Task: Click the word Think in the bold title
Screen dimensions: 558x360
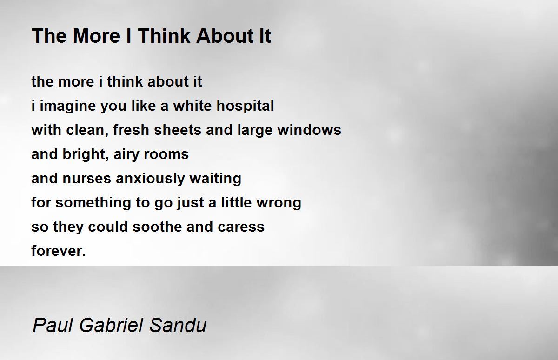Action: tap(163, 36)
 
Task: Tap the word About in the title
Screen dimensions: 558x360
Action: tap(225, 36)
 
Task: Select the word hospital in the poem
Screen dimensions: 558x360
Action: tap(245, 106)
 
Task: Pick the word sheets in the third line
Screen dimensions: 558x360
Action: tap(177, 130)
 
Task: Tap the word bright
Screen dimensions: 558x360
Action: tap(86, 154)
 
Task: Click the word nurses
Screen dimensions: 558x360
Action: tap(86, 179)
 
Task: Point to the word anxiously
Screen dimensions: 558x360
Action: tap(150, 179)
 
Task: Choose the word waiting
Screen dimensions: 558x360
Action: tap(215, 179)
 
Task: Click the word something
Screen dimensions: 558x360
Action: tap(93, 203)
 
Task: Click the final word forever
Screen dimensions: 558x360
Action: tap(59, 251)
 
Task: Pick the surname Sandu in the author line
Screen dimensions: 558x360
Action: tap(178, 325)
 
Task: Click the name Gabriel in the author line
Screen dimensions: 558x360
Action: tap(111, 325)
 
